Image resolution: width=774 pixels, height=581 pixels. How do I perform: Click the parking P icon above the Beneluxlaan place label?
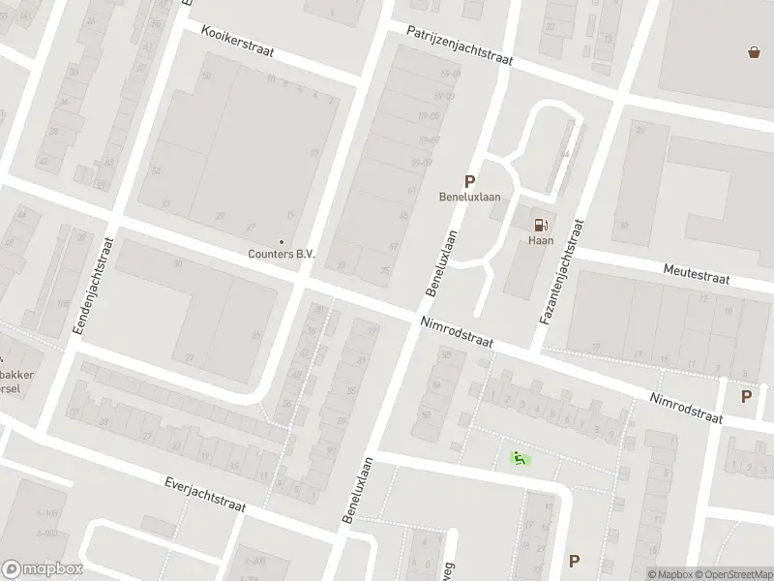tap(470, 180)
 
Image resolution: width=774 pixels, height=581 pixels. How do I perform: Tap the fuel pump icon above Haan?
tap(540, 224)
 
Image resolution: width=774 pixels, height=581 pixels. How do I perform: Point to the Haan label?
tap(540, 240)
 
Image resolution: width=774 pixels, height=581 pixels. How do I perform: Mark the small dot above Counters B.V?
tap(282, 242)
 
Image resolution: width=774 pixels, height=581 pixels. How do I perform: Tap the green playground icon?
tap(520, 458)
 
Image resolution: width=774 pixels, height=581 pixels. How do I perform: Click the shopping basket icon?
tap(754, 52)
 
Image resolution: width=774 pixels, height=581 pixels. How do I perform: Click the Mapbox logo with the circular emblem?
tap(42, 569)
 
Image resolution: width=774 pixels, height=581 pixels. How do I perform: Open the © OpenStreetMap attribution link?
tap(732, 574)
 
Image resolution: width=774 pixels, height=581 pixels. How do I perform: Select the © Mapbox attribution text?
tap(670, 574)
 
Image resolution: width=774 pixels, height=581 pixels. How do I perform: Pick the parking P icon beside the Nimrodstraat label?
tap(746, 396)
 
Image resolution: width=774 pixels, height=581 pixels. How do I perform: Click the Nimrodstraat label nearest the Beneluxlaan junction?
tap(457, 334)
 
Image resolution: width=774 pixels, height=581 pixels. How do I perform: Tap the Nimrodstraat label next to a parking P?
tap(687, 407)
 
